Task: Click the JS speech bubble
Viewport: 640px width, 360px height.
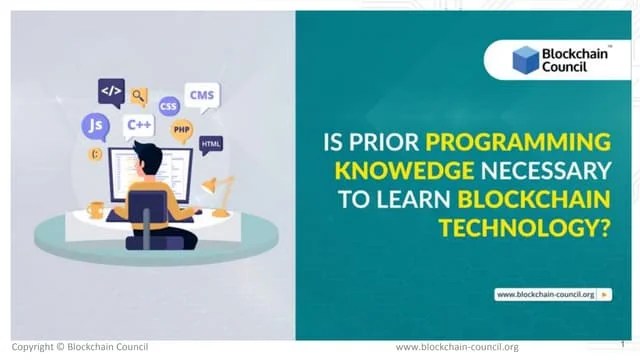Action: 95,126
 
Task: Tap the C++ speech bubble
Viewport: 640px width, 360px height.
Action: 138,125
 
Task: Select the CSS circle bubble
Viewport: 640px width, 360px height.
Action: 168,104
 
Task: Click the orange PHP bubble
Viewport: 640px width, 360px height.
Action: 181,129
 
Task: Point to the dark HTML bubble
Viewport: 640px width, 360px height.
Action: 210,144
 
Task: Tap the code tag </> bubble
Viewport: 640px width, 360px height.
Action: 111,91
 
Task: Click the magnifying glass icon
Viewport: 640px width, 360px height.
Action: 139,97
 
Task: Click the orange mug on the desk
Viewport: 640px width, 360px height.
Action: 96,209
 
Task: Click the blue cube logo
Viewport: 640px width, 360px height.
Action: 526,60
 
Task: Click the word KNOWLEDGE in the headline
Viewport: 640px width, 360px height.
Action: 395,172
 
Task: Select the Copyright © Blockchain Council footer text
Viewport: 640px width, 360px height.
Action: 80,347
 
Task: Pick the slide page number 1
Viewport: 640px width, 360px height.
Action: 622,343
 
